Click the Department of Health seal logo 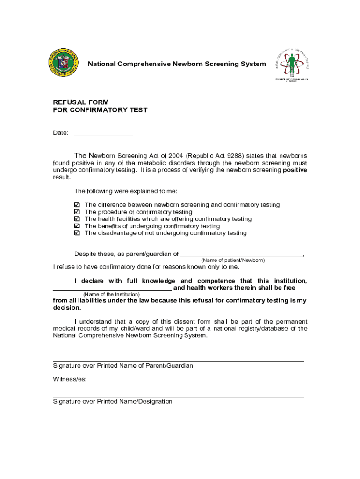pos(65,64)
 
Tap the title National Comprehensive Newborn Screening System pos(177,64)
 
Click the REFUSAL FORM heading pos(81,102)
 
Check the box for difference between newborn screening pos(78,205)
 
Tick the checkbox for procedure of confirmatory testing pos(78,212)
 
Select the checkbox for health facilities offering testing pos(78,219)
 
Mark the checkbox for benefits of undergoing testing pos(78,226)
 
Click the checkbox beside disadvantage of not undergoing pos(78,233)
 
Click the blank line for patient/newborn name pos(241,254)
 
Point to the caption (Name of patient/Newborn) pos(233,260)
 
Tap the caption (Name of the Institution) pos(111,294)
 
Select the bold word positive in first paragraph pos(295,170)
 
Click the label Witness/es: pos(70,379)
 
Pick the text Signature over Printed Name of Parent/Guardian pos(123,365)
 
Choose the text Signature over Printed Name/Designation pos(113,401)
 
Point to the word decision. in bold pos(67,308)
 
